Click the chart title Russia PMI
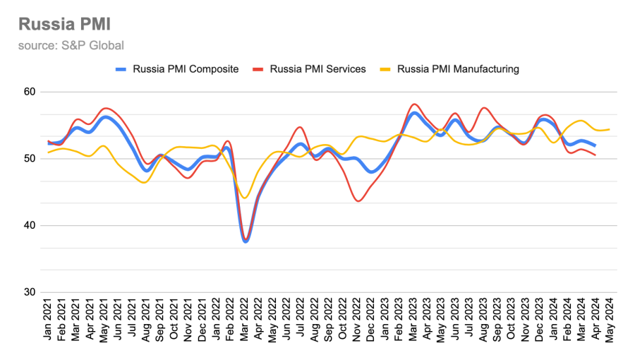coord(63,24)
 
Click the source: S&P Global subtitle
coord(71,46)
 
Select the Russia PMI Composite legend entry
coord(176,69)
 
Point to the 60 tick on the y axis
coord(30,92)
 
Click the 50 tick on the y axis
coord(30,159)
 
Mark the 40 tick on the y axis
coord(30,226)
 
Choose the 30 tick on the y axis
coord(30,292)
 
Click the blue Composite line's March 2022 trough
coord(246,241)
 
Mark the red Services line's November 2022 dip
coord(358,201)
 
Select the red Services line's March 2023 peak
coord(414,104)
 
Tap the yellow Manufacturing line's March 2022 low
coord(245,198)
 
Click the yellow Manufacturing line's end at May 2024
coord(609,129)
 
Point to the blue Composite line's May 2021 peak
coord(105,117)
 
